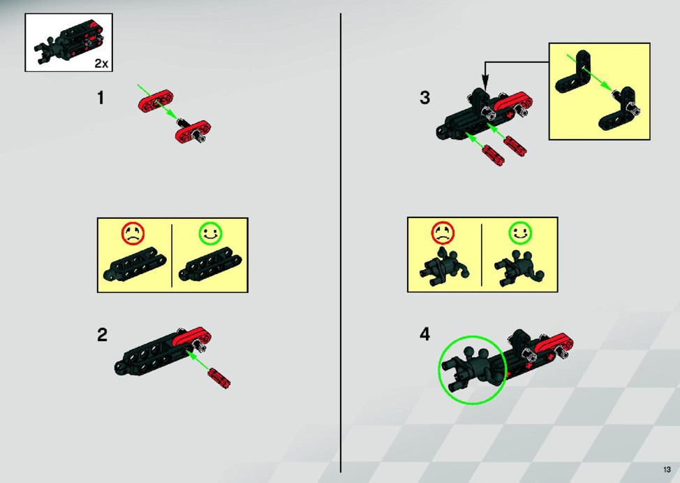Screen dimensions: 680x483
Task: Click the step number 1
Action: [x=101, y=98]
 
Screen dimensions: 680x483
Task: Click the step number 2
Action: [x=102, y=335]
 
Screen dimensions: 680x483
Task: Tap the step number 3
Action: [x=425, y=97]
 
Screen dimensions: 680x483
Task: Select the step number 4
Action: [x=425, y=334]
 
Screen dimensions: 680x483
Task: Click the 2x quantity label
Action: [x=101, y=64]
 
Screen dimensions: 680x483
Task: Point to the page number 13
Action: [x=667, y=470]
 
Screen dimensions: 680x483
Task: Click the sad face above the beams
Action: [x=133, y=233]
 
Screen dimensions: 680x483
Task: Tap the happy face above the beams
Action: [x=210, y=233]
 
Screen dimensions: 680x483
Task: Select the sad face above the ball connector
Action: [x=443, y=233]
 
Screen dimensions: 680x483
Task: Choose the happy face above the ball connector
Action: [x=520, y=233]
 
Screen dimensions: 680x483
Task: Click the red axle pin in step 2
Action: [x=219, y=377]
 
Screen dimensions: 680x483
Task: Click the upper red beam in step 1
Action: [x=156, y=101]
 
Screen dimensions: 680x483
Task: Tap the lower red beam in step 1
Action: [x=193, y=131]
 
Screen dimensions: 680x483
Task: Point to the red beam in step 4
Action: [x=554, y=343]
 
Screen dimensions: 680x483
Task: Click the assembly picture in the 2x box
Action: [x=69, y=43]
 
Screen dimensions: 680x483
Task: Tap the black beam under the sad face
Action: [x=135, y=264]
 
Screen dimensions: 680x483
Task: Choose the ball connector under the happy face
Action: [x=519, y=268]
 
